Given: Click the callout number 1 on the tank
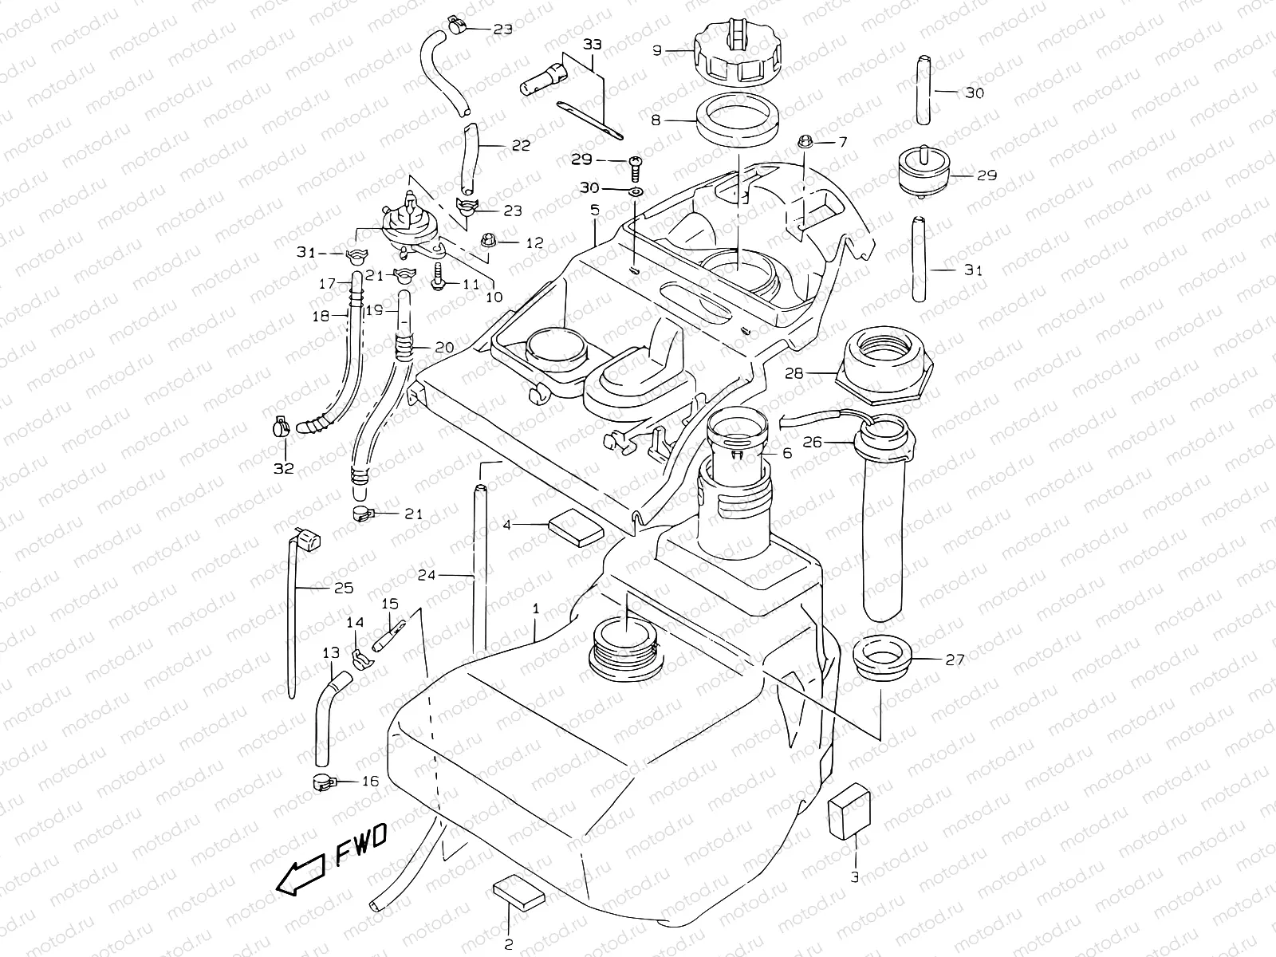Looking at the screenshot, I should (x=536, y=608).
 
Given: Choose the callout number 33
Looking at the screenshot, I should (x=593, y=45).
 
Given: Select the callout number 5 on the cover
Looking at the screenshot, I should (x=594, y=211).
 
